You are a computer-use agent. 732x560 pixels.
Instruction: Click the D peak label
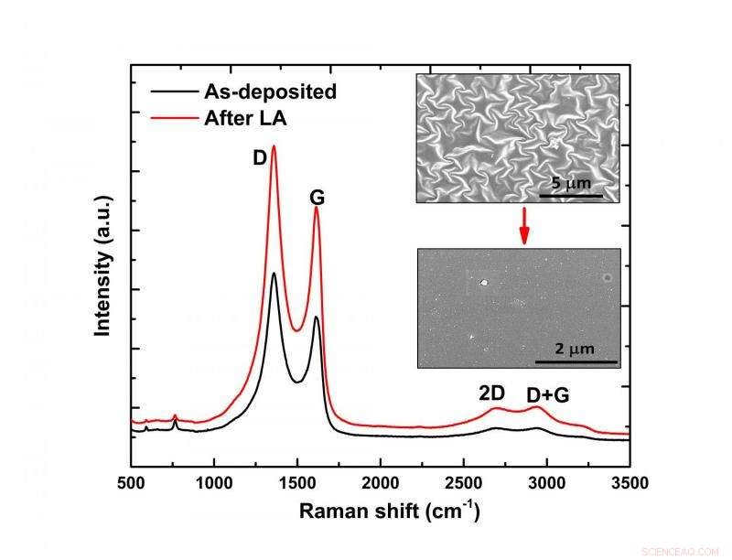pyautogui.click(x=259, y=158)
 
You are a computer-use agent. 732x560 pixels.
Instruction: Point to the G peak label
pyautogui.click(x=318, y=198)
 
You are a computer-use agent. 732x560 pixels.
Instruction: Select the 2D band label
pyautogui.click(x=491, y=393)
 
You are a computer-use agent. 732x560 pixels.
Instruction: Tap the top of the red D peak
pyautogui.click(x=274, y=146)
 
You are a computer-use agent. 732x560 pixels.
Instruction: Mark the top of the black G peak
pyautogui.click(x=316, y=318)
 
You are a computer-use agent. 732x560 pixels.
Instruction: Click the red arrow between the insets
pyautogui.click(x=524, y=225)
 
